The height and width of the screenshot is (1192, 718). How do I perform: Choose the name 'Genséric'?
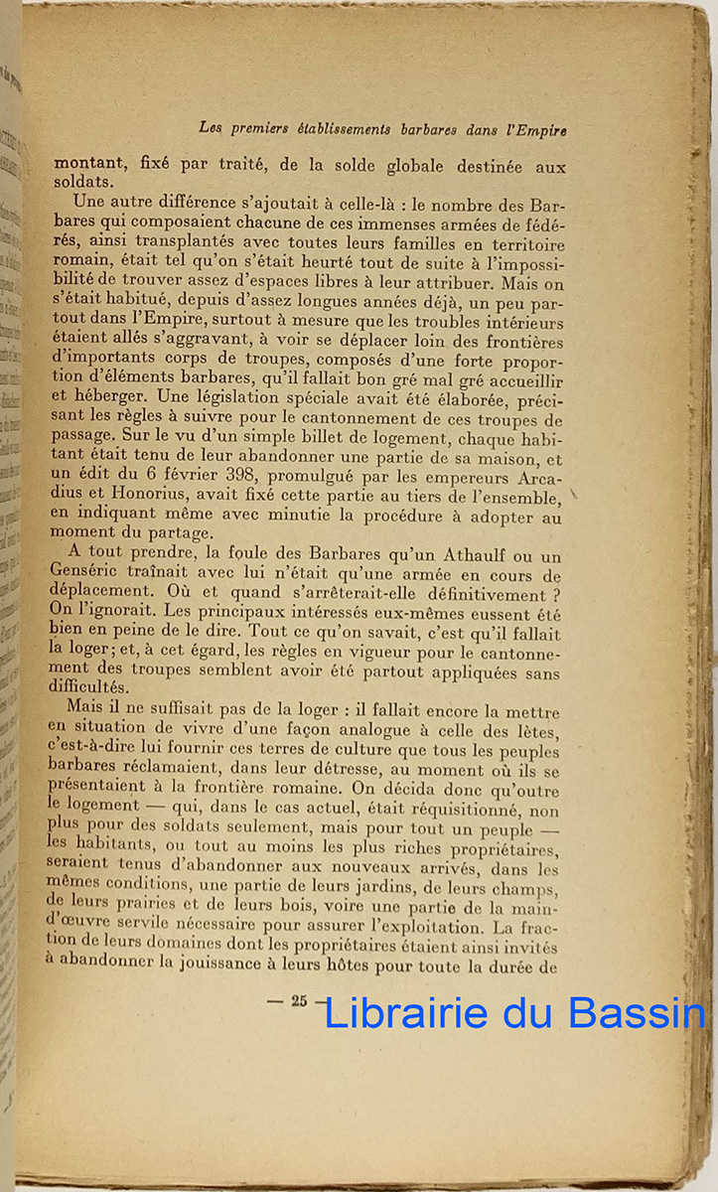(x=87, y=576)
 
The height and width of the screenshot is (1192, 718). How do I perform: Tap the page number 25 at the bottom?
(x=299, y=1001)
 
